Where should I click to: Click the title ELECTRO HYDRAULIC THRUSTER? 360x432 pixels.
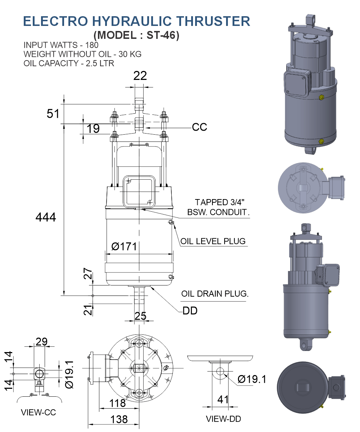click(x=136, y=21)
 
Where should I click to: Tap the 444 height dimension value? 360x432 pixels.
click(x=46, y=217)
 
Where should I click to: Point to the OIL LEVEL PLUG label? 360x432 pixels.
click(x=213, y=241)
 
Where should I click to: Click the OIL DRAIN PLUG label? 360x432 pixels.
click(x=215, y=294)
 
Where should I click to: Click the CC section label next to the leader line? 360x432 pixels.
click(x=199, y=127)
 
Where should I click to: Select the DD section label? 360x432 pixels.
click(x=190, y=311)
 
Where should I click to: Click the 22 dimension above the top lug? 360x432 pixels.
click(x=140, y=76)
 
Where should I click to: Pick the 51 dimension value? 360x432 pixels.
click(x=53, y=114)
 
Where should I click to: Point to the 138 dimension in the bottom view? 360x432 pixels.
click(x=119, y=419)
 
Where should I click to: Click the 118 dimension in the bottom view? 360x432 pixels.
click(x=118, y=403)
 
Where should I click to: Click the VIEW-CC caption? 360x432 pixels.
click(x=39, y=413)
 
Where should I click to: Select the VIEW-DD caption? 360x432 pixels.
click(x=223, y=419)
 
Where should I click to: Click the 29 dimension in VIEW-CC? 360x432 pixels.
click(x=41, y=341)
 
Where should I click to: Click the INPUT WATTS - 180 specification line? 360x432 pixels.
click(x=61, y=45)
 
